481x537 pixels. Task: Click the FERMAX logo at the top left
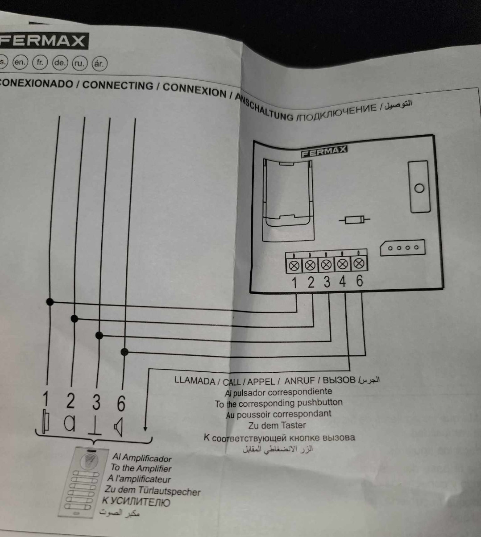pos(43,41)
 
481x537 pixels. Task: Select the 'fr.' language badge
pos(40,62)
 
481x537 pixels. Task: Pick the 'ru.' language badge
pos(79,63)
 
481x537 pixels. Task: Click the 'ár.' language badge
pos(99,64)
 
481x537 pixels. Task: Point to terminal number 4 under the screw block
pos(342,282)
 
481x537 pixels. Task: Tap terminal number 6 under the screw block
pos(359,281)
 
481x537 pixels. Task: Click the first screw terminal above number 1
pos(294,266)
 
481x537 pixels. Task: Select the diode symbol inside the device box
pos(354,220)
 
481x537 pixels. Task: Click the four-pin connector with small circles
pos(402,248)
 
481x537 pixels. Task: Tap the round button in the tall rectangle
pos(419,188)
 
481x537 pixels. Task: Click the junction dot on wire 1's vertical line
pos(50,302)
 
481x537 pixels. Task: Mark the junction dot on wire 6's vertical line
pos(125,352)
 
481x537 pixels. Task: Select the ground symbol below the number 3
pos(94,426)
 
